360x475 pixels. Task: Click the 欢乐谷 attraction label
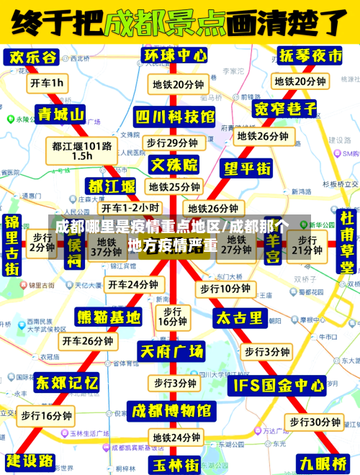[31, 57]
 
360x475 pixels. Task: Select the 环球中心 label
[176, 55]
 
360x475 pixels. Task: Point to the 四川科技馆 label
[176, 117]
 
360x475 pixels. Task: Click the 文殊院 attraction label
[174, 165]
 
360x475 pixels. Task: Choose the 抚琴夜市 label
[311, 56]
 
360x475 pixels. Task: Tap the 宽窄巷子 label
[286, 109]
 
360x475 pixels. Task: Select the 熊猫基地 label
[109, 317]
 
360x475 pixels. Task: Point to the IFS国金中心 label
[278, 386]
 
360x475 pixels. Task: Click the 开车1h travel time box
[47, 83]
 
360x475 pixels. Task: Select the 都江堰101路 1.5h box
[82, 150]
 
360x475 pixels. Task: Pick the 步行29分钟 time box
[172, 142]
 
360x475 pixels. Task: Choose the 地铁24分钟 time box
[176, 437]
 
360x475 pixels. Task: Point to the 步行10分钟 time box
[225, 289]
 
